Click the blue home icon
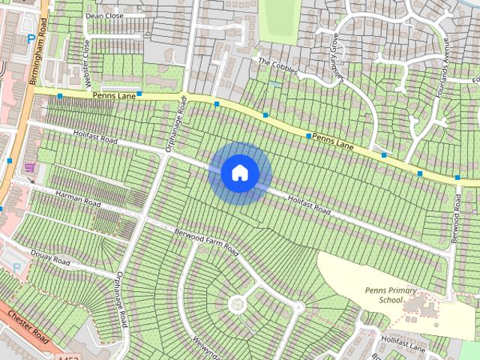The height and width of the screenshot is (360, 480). (x=240, y=172)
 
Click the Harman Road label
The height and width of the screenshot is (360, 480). (x=78, y=198)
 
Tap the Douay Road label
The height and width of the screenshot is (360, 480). (x=52, y=259)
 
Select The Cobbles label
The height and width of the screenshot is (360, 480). (x=277, y=67)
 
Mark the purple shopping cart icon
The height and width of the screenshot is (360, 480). (x=29, y=166)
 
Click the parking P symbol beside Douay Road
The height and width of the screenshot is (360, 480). (x=16, y=268)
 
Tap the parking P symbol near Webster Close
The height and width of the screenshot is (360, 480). (x=30, y=39)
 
